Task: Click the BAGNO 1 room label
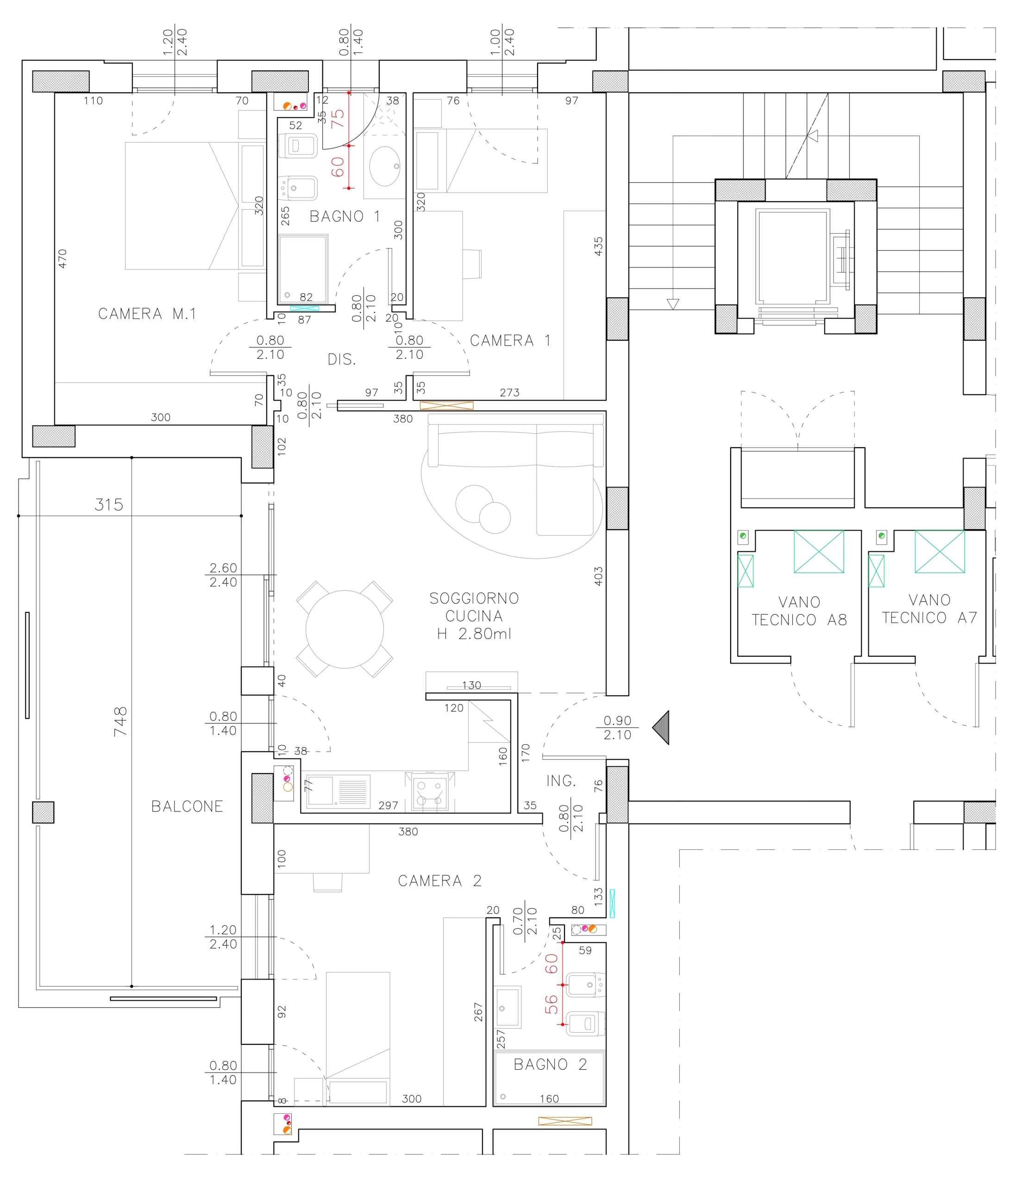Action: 345,217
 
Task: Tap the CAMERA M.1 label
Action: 147,314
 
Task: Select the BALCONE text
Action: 187,806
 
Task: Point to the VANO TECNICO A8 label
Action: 799,611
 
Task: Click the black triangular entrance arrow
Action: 661,728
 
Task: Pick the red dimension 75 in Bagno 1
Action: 338,118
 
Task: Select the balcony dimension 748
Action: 120,721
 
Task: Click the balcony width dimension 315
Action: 109,505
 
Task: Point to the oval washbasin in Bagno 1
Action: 385,166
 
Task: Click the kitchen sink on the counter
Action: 338,791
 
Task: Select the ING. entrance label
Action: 561,781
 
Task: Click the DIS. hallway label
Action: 341,360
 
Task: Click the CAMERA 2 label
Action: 440,881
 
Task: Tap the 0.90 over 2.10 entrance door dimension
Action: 617,728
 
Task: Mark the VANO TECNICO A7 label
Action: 929,609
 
